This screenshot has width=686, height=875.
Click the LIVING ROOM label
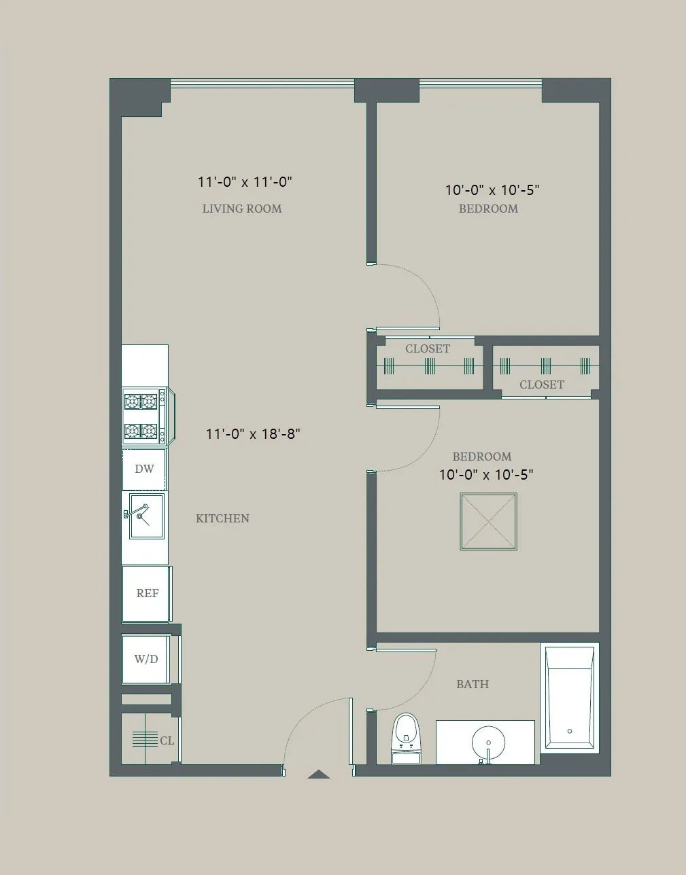[242, 209]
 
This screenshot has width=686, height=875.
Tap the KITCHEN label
[222, 518]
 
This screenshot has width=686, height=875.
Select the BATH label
[473, 684]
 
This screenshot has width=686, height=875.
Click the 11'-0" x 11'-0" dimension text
[245, 181]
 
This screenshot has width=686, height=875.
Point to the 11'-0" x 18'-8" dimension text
[253, 433]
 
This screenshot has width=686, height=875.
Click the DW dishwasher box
[144, 469]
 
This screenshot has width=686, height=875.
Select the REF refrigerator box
[146, 593]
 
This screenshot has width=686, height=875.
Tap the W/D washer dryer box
[145, 659]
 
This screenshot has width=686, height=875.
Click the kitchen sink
[145, 516]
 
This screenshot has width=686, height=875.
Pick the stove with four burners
[141, 416]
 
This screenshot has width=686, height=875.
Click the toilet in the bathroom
[406, 738]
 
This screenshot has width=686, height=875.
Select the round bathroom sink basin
[488, 742]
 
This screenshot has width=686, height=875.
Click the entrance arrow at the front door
[318, 774]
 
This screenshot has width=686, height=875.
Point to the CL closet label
[167, 740]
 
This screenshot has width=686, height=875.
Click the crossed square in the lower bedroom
[488, 521]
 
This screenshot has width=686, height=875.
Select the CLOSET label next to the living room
[428, 349]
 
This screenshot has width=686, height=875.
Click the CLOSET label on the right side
[542, 385]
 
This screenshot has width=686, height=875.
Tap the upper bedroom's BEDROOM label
[488, 209]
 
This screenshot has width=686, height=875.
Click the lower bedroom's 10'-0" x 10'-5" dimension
[485, 474]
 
